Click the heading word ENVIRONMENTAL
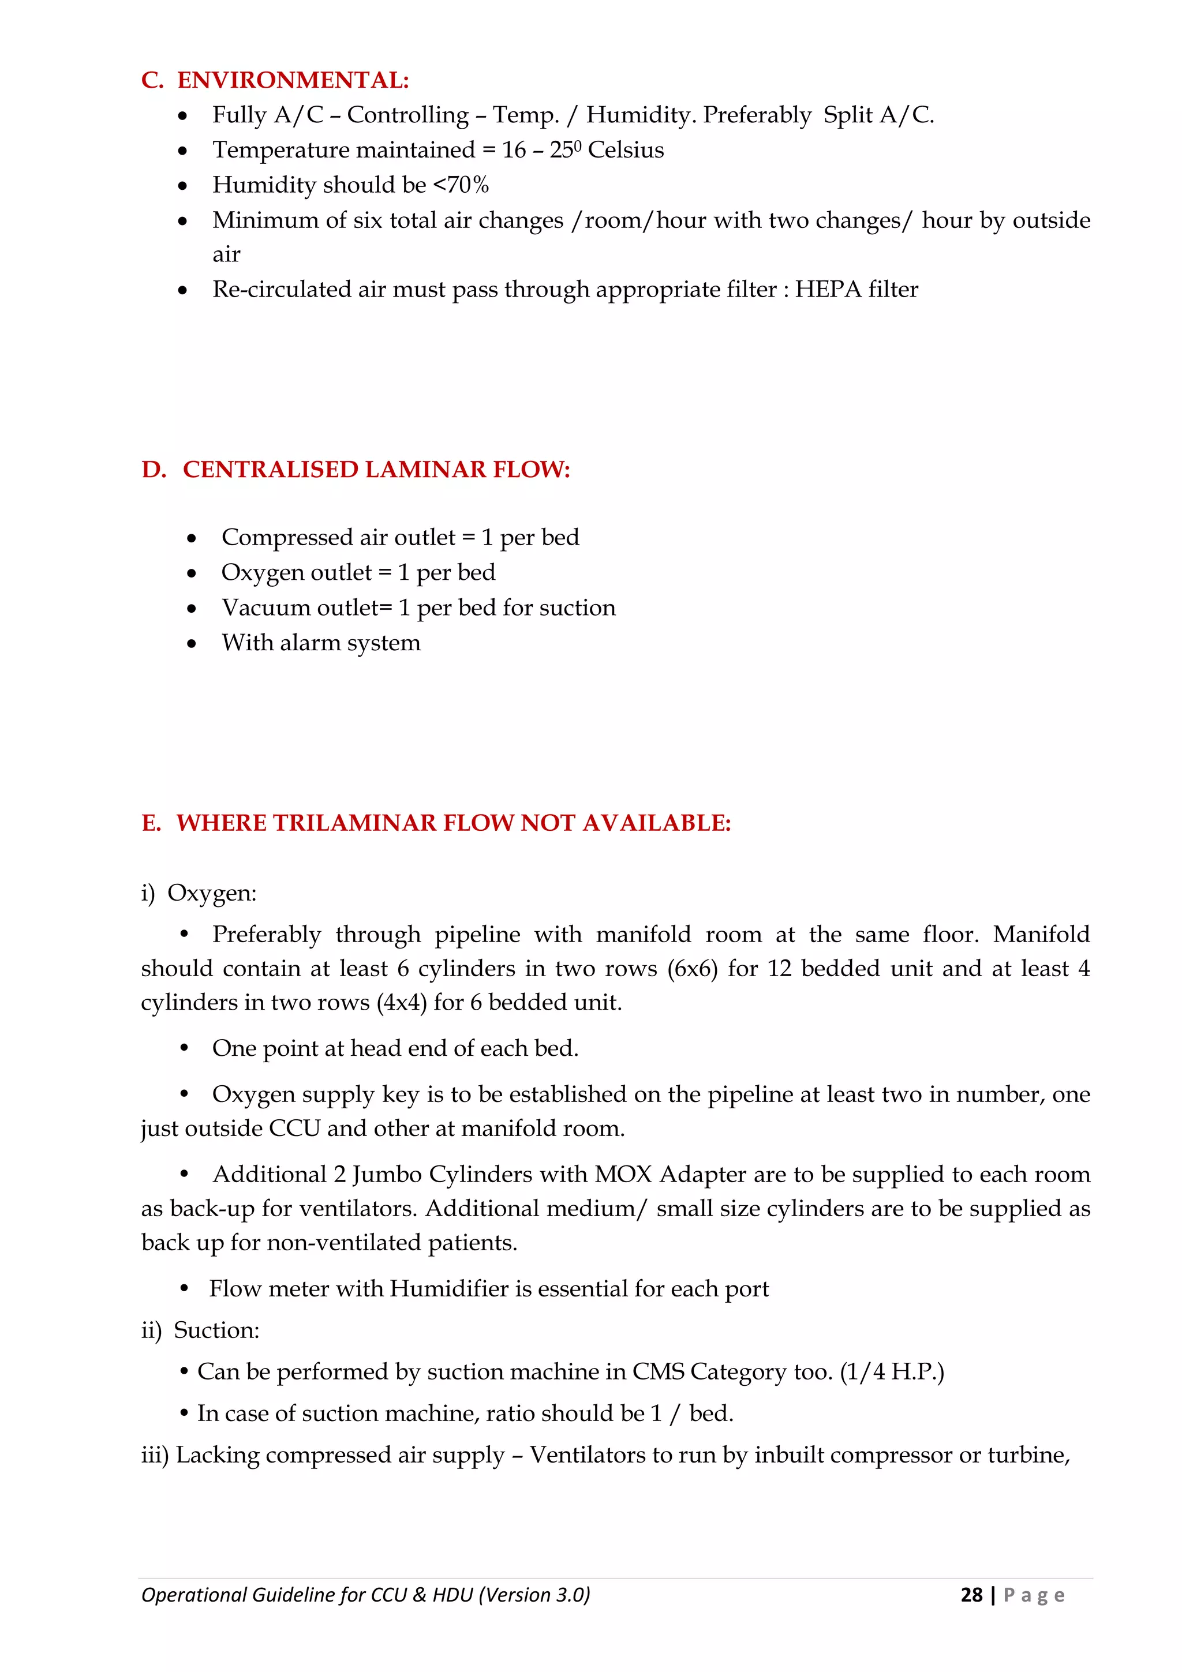[293, 80]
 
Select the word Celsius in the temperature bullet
[626, 150]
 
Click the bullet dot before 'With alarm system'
[192, 644]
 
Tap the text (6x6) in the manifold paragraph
[693, 969]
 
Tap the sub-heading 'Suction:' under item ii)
[216, 1330]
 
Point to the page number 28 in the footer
[971, 1595]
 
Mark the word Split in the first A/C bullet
[847, 115]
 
